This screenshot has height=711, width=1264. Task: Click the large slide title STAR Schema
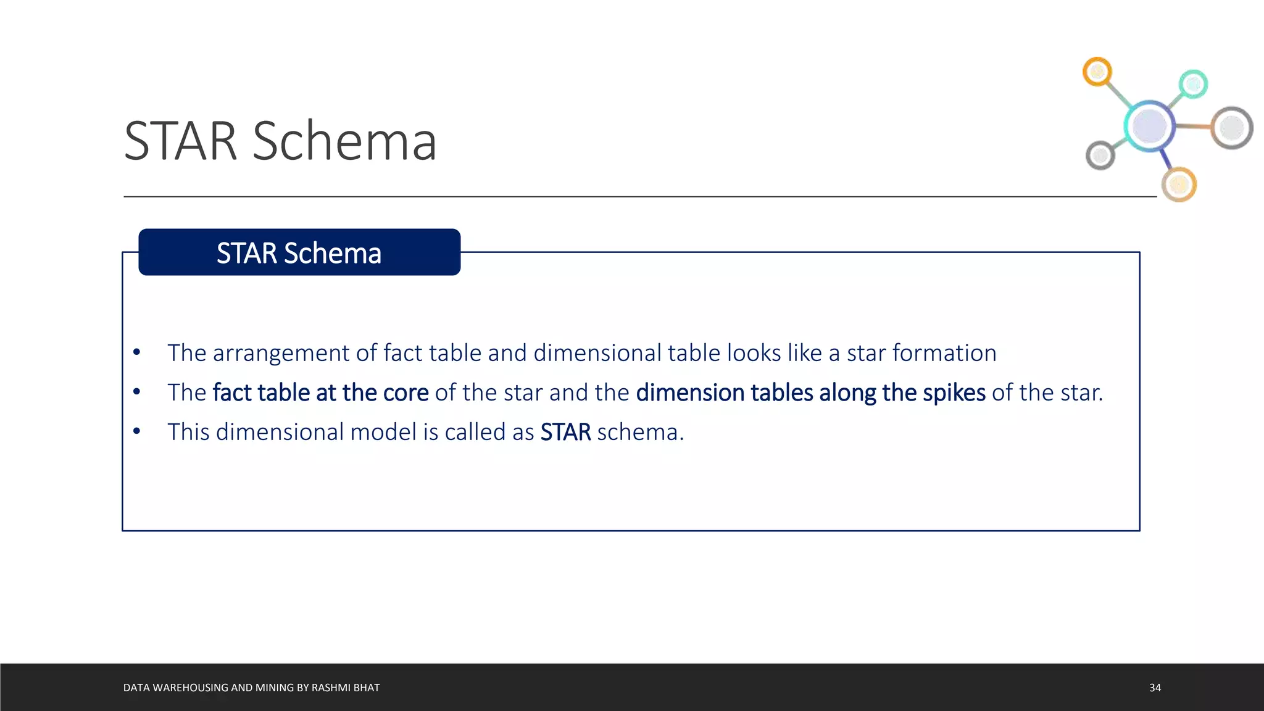pos(280,141)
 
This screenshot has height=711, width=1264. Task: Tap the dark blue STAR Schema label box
pos(299,252)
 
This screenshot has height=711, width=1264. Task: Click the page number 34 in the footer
pos(1155,688)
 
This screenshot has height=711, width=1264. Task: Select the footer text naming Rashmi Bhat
pos(251,688)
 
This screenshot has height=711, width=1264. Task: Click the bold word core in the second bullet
pos(405,393)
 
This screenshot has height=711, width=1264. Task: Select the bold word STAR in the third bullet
pos(565,433)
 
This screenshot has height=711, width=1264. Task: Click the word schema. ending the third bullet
pos(640,433)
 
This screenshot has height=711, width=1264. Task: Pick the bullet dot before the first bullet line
pos(136,352)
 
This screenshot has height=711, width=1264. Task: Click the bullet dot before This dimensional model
pos(136,431)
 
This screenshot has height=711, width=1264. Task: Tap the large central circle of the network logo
pos(1149,126)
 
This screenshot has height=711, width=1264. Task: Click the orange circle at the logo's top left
pos(1097,72)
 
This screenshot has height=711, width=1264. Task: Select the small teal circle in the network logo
pos(1193,84)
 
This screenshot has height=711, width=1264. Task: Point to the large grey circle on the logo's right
pos(1232,128)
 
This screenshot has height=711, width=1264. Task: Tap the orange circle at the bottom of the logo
pos(1179,184)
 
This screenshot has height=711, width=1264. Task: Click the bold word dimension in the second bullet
pos(690,393)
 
